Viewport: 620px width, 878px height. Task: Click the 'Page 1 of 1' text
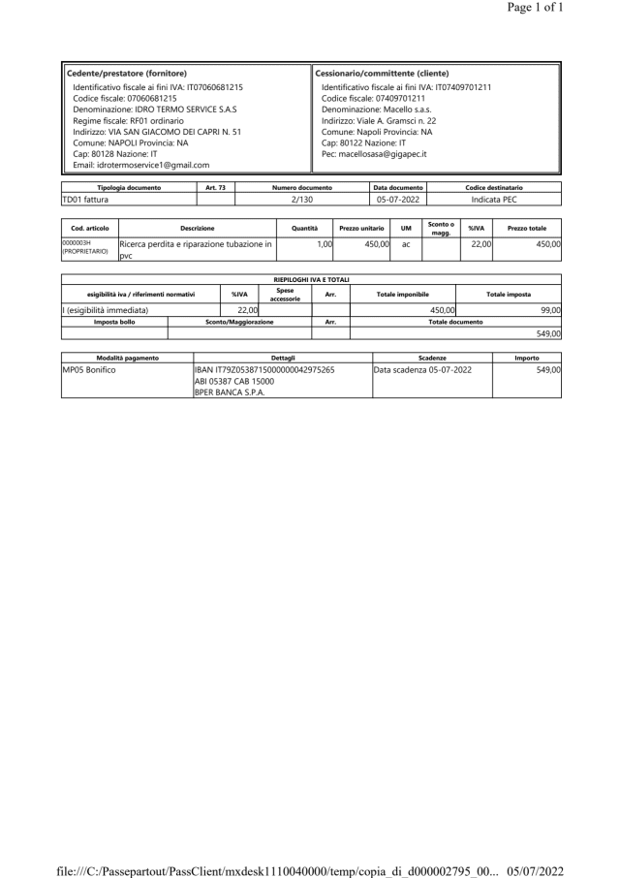coord(562,8)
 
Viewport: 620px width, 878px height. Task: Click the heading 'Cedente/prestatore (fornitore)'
coord(126,74)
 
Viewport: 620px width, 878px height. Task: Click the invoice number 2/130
coord(302,199)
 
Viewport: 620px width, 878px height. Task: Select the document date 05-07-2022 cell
coord(398,199)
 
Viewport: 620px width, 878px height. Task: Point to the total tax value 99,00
coord(550,309)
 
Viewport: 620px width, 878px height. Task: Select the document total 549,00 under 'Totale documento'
coord(550,332)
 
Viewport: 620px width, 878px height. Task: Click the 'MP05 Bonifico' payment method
coord(96,370)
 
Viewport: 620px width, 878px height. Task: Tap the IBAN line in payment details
coord(264,370)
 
